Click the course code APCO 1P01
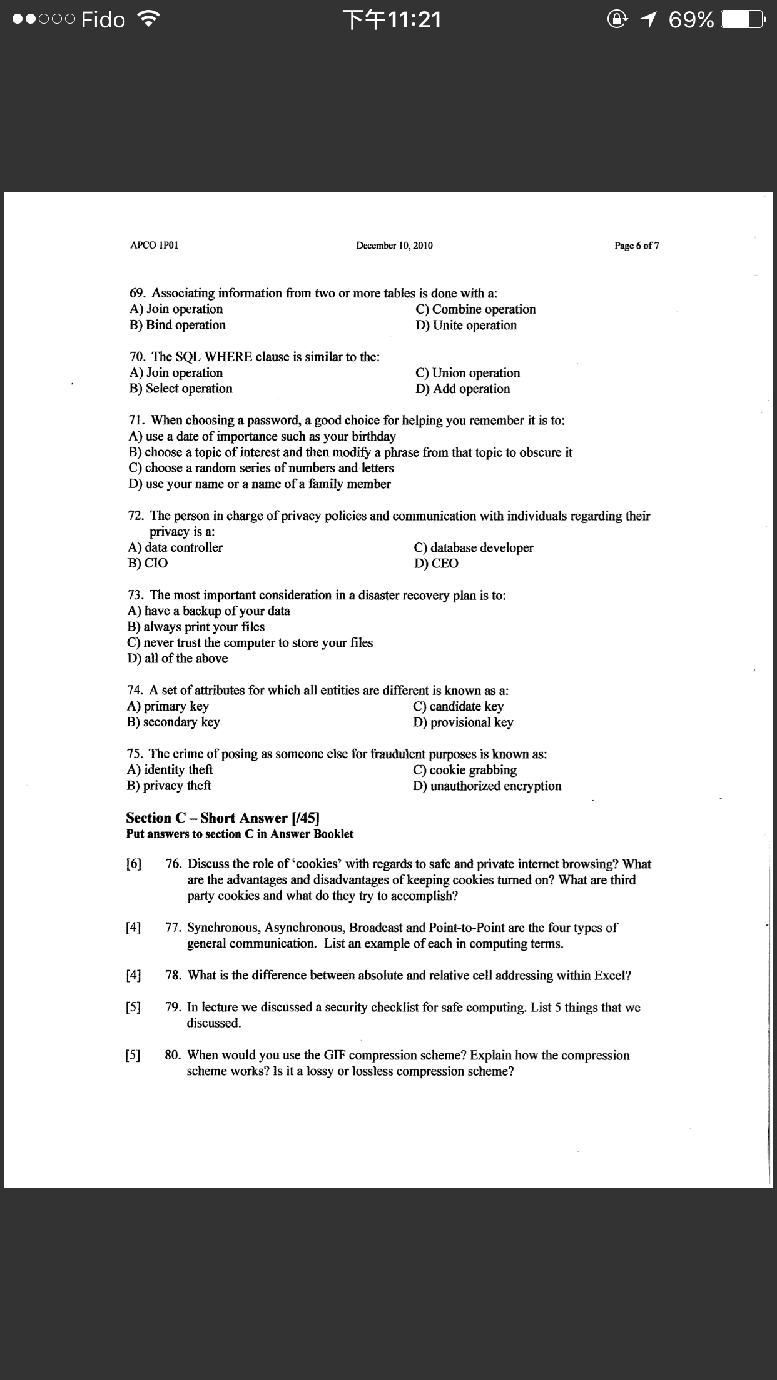(154, 246)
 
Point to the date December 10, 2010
(394, 246)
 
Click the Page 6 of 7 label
(636, 246)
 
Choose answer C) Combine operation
(475, 309)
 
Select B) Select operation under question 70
(181, 389)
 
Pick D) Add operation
(462, 389)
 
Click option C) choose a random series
(261, 468)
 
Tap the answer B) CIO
(148, 563)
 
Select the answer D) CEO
(436, 563)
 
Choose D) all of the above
(178, 659)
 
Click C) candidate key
(458, 706)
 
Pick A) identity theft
(170, 770)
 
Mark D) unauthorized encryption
(487, 786)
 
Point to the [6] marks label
(133, 864)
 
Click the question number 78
(173, 975)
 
